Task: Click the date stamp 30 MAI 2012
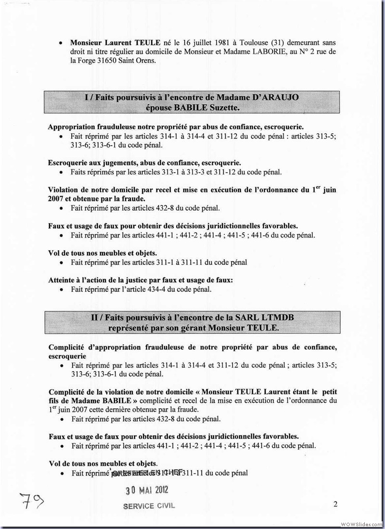(x=147, y=491)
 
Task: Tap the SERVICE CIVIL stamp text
(x=149, y=505)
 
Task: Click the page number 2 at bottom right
(x=335, y=504)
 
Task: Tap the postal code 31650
(x=118, y=61)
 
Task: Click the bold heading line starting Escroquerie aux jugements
(x=144, y=163)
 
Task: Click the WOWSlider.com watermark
(x=361, y=523)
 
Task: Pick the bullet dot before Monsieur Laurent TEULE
(x=60, y=43)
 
